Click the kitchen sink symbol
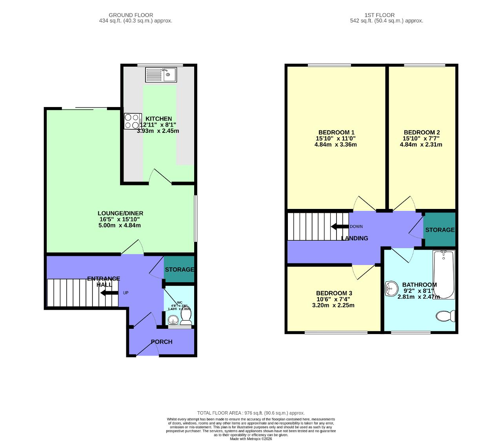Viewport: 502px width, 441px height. coord(161,74)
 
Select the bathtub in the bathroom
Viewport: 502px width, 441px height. coord(444,274)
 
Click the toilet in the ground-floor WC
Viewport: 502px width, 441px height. coord(186,320)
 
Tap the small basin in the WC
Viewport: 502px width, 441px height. coord(173,321)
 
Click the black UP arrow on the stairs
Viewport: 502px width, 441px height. coord(109,293)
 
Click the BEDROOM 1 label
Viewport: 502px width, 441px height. coord(336,132)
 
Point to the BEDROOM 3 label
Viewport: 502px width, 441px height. coord(334,293)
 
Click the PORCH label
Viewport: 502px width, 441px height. coord(162,342)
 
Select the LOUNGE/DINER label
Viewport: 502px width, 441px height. coord(120,213)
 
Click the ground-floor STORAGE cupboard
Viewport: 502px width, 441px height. coord(179,269)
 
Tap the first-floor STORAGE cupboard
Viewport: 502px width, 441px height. coord(440,230)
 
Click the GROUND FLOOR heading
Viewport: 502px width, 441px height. coord(131,15)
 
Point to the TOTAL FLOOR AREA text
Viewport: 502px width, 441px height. coord(251,413)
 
